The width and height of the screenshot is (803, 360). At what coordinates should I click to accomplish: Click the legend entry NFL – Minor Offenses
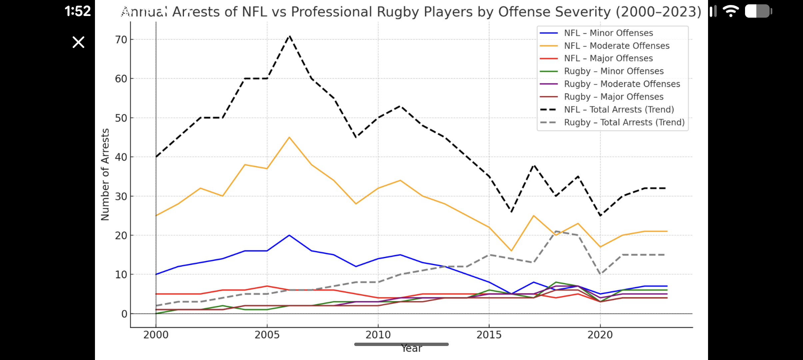pos(608,33)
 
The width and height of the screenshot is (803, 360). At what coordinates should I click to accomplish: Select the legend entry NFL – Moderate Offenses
pos(616,46)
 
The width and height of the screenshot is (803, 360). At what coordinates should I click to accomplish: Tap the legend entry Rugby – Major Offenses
pos(613,97)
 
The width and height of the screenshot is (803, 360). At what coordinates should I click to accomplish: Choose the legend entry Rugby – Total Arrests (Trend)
pos(624,122)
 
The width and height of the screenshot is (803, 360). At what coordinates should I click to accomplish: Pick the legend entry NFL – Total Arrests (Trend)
pos(619,109)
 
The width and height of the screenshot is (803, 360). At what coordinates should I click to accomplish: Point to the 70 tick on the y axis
pos(121,40)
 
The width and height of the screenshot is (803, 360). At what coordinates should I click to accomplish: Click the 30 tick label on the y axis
pos(121,196)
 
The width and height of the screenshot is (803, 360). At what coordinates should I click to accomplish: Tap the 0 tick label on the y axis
pos(124,314)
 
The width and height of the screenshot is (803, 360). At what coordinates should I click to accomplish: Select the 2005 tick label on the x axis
pos(267,335)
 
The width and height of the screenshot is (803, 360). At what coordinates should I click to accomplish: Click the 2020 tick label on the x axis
pos(600,335)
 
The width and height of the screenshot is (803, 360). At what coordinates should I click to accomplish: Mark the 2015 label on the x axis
pos(489,335)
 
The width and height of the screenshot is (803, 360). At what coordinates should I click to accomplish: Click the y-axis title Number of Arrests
pos(105,174)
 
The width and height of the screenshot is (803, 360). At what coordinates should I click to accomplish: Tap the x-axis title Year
pos(411,348)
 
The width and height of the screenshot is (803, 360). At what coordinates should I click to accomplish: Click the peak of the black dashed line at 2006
pos(290,36)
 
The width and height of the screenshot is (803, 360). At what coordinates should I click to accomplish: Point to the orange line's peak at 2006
pos(289,137)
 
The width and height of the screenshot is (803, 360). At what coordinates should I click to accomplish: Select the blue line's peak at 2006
pos(289,235)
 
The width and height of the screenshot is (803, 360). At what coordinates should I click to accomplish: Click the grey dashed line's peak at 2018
pos(555,231)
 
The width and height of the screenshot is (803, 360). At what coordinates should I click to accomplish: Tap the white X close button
pos(79,42)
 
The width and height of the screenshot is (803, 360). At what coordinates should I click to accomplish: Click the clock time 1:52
pos(78,11)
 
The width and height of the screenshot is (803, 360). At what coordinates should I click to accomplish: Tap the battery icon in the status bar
pos(758,11)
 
